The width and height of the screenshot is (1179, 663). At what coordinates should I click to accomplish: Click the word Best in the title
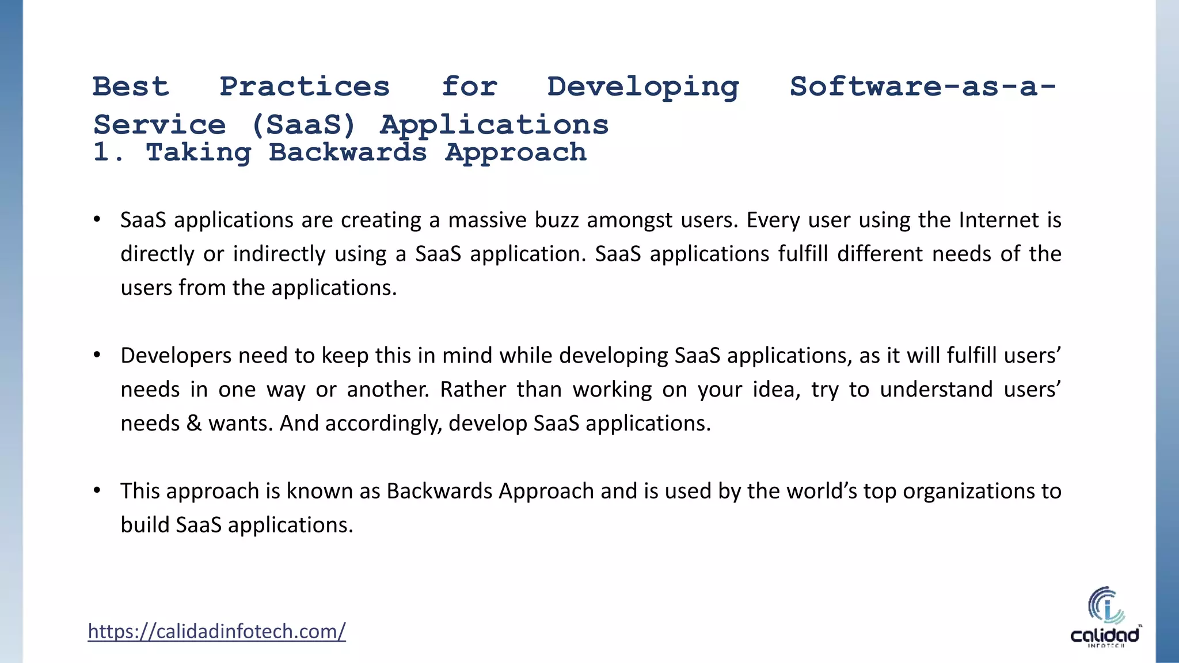[131, 87]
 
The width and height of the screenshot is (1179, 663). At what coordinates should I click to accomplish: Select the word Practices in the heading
[305, 87]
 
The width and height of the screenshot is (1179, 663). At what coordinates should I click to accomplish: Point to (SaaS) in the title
[303, 125]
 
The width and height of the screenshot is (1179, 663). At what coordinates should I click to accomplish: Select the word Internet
[998, 220]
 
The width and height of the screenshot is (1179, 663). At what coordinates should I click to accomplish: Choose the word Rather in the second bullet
[473, 390]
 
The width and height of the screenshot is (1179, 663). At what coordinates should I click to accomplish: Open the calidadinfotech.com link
[216, 631]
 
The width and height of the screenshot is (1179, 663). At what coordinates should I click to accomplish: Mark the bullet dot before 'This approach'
[97, 490]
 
